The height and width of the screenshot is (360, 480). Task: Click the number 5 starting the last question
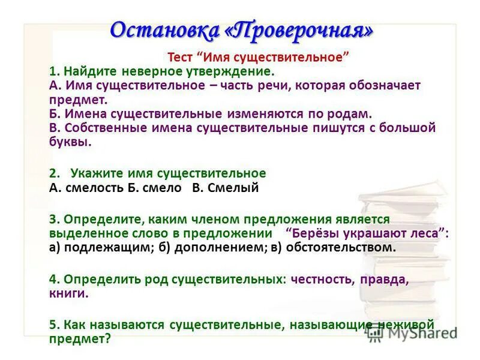coord(53,324)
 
